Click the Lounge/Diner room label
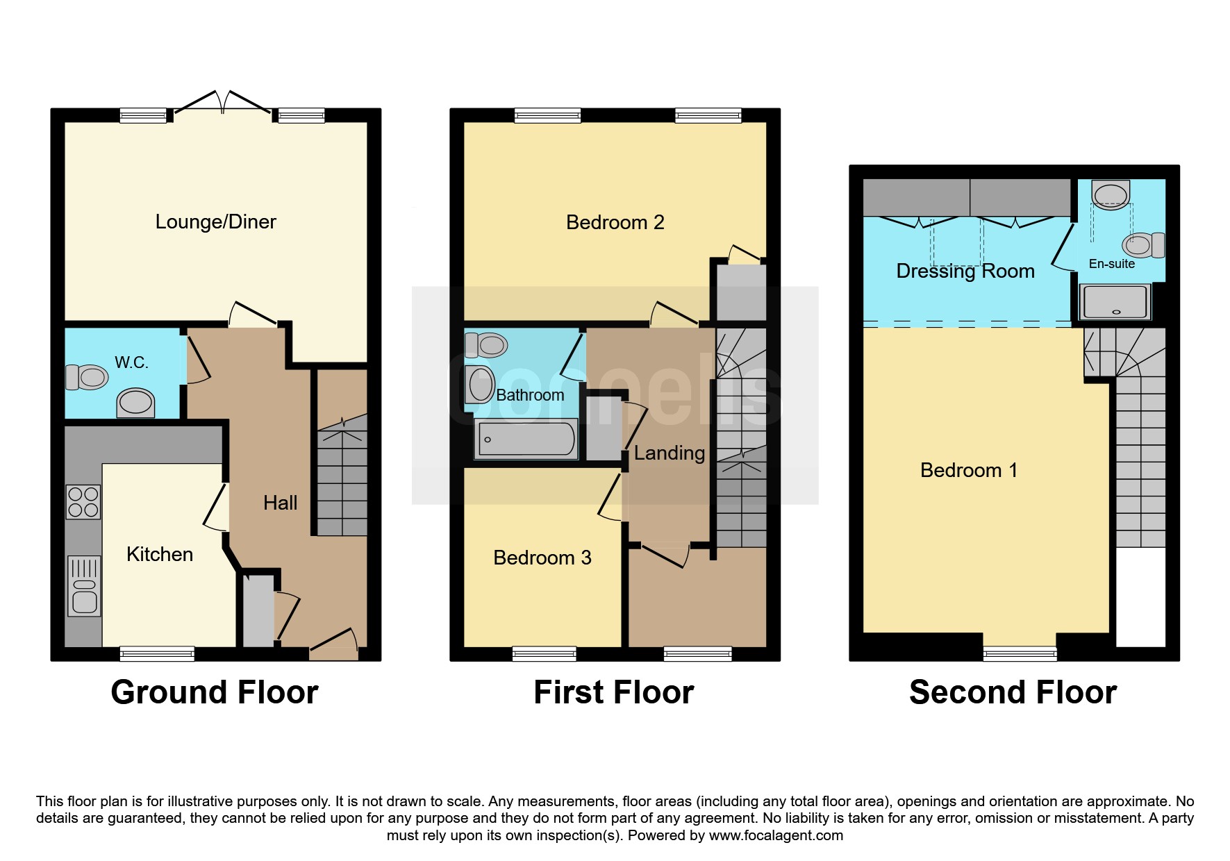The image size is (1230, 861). click(215, 222)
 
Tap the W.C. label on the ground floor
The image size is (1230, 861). click(131, 362)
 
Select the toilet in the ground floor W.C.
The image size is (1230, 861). click(87, 377)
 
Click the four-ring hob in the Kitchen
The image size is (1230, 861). click(83, 501)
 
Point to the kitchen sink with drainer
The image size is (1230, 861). click(84, 586)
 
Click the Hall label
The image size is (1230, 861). click(280, 503)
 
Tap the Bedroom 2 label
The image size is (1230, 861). click(615, 222)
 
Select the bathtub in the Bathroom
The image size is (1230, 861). click(526, 439)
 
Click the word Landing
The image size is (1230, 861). click(670, 453)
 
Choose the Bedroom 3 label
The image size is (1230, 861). click(542, 558)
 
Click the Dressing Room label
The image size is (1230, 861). click(965, 271)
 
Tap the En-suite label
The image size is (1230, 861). click(1111, 264)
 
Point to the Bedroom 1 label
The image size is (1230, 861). click(968, 470)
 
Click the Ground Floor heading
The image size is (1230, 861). click(215, 692)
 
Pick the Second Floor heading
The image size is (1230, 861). click(1013, 692)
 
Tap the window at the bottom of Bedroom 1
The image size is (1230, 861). click(1020, 653)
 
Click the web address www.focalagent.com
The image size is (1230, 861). click(776, 835)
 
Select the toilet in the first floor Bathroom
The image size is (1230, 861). click(486, 344)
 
